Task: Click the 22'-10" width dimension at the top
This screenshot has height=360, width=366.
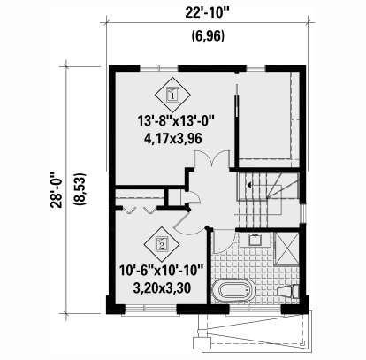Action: (207, 12)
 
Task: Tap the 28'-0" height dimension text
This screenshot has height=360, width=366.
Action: (57, 189)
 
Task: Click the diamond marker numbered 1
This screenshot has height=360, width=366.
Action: (172, 95)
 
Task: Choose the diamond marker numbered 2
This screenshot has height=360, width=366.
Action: (162, 244)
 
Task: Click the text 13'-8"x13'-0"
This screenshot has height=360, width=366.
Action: (176, 121)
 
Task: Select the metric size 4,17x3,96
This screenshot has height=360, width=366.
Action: (173, 138)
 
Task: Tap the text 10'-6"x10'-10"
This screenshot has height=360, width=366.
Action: (162, 271)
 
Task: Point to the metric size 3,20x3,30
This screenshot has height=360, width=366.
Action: (162, 287)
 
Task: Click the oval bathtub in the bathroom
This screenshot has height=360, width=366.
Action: (234, 290)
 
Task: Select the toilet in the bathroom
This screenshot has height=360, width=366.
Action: (288, 291)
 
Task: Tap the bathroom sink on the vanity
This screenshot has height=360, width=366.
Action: (255, 240)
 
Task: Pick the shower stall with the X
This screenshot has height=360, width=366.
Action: (287, 249)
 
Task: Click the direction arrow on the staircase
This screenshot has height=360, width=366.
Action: (250, 185)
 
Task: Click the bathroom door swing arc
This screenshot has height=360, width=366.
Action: (225, 241)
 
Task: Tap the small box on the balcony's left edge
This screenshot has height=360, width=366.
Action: (202, 343)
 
